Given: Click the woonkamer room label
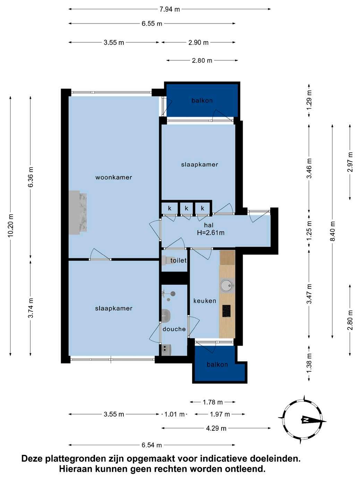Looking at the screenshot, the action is point(114,177).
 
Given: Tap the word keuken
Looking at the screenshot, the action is point(205,301).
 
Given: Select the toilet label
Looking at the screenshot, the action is point(179,260).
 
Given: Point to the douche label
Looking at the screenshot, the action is point(174,329).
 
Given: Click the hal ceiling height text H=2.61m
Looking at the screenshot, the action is point(211,233).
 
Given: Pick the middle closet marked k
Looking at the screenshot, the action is point(186,208).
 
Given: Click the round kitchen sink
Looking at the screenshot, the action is point(227,285).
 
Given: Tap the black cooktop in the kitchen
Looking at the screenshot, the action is point(226,311).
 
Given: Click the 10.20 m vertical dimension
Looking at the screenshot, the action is point(11,225).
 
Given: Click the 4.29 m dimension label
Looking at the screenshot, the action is point(216,428).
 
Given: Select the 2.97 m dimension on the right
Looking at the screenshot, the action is point(350,162).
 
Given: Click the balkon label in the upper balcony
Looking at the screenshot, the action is point(202,101).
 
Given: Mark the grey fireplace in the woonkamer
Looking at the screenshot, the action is point(78,213).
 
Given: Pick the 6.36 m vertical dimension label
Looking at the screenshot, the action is point(31,177).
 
